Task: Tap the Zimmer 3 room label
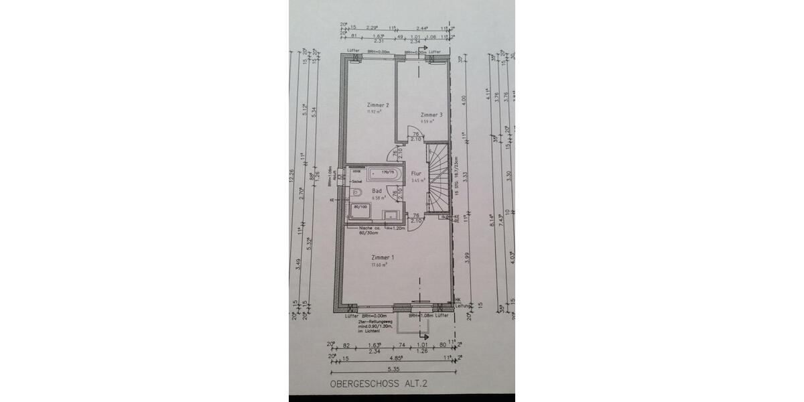coord(431,115)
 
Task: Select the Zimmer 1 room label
coord(383,257)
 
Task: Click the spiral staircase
coord(440,178)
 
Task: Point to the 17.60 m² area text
coord(379,265)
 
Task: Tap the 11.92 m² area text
coord(373,113)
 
